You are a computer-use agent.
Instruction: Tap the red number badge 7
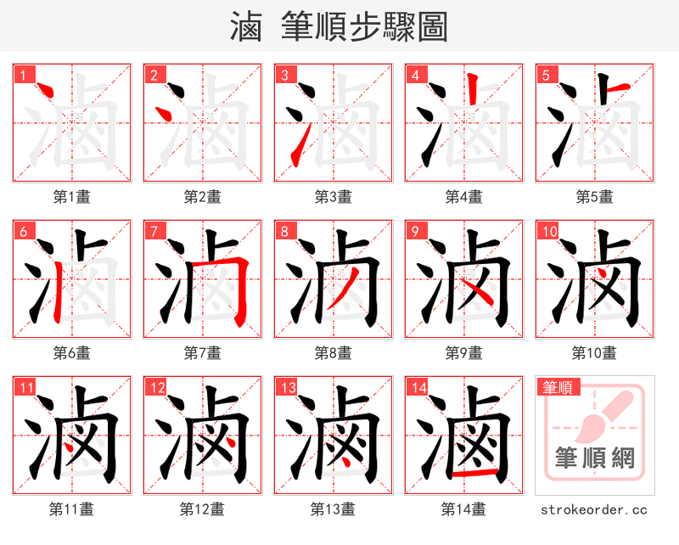(x=153, y=230)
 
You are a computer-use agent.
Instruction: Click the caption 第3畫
(x=333, y=197)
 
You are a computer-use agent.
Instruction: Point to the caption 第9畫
(x=463, y=352)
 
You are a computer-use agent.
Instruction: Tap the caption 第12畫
(x=202, y=509)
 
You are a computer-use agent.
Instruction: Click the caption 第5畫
(x=594, y=197)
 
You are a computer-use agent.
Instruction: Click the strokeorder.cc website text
(x=594, y=509)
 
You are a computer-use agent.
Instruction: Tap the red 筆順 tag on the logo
(x=558, y=388)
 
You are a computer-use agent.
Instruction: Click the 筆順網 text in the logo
(x=594, y=458)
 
